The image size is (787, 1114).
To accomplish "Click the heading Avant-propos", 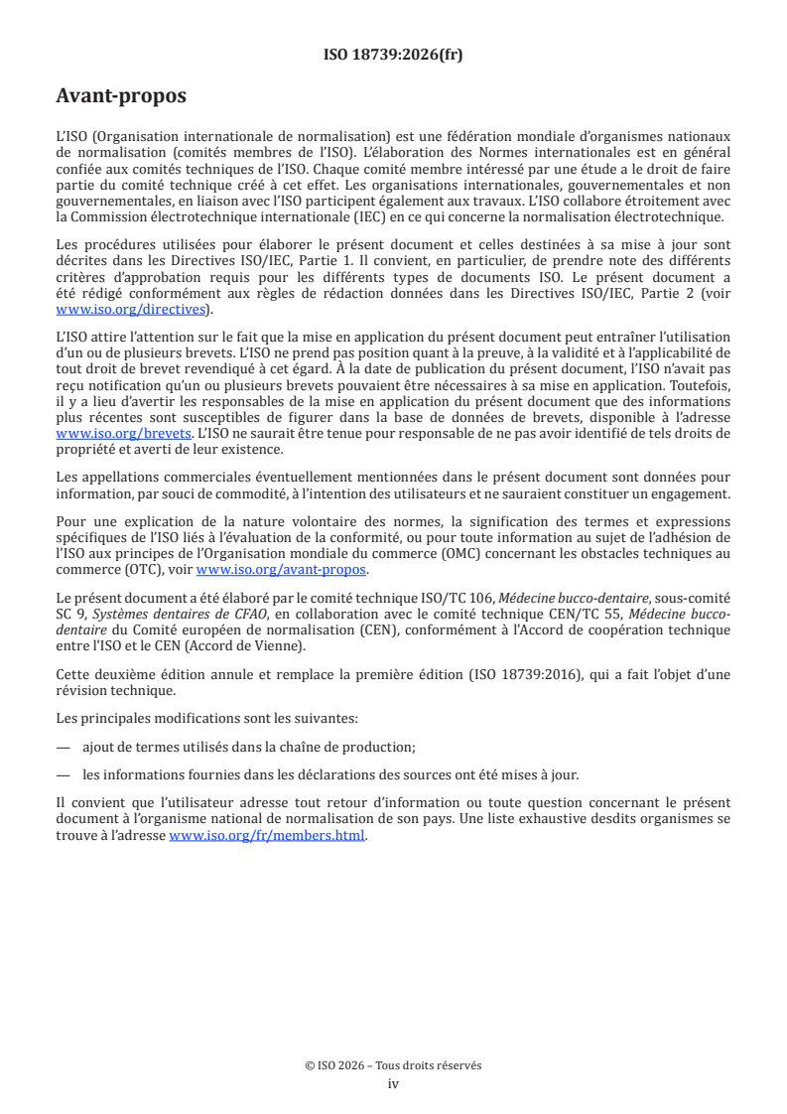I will point(121,96).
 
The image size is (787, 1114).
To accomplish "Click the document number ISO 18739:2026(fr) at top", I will point(393,55).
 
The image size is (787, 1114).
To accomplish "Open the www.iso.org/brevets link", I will point(124,435).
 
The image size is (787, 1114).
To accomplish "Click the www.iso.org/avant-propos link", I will point(282,570).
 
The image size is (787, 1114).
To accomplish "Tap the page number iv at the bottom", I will point(393,1083).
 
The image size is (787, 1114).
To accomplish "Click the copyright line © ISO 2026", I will point(393,1065).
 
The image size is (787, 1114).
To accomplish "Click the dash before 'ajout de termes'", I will point(64,747).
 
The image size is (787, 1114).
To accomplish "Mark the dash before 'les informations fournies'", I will point(64,774).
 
